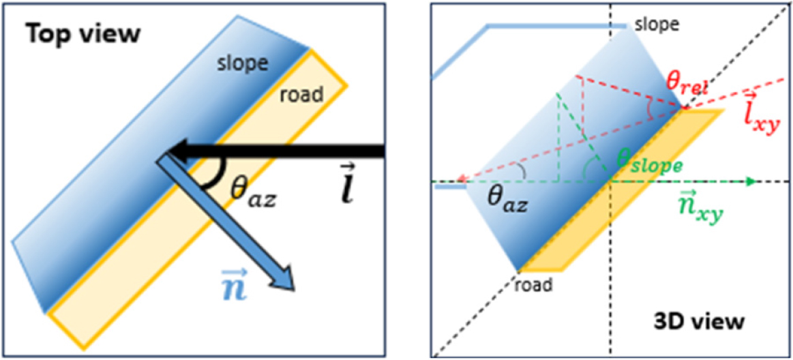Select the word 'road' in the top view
302,95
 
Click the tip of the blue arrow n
294,290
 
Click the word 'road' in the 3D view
534,284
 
